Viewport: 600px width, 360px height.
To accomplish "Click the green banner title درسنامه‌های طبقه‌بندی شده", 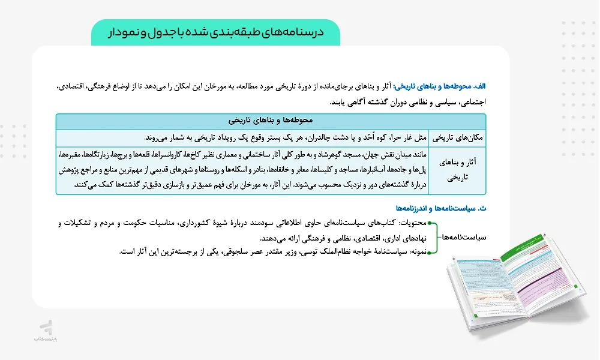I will click(x=216, y=32).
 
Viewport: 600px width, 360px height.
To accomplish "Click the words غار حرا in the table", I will click(x=406, y=137).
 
